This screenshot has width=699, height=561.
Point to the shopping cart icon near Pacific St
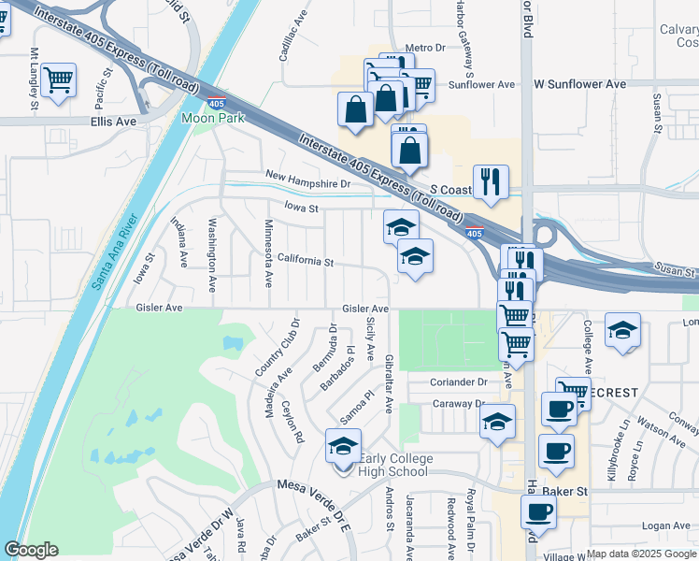(58, 79)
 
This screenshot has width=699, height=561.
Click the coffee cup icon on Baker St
(539, 511)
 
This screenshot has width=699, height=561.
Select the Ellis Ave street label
(114, 122)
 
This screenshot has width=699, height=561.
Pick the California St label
(305, 262)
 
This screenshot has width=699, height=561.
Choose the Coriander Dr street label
(459, 381)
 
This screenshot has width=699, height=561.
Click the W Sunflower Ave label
(579, 84)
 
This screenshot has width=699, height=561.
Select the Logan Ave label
(665, 526)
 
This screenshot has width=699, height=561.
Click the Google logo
(31, 550)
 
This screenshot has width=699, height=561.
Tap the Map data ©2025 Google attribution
(641, 554)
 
